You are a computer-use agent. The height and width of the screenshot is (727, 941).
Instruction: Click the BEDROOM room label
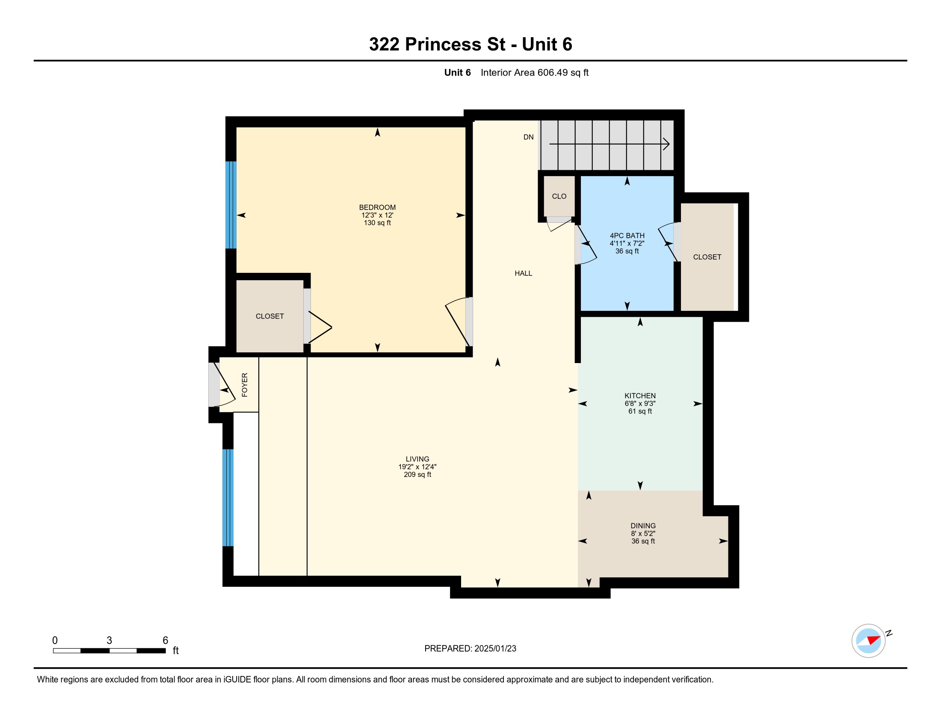coord(377,207)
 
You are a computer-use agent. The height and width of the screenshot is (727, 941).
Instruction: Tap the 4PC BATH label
coord(627,236)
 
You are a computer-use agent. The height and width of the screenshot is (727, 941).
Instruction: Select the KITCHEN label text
coord(640,396)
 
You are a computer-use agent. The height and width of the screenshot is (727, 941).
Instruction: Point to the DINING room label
coord(643,526)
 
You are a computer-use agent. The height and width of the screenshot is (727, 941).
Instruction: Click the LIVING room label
coord(417,459)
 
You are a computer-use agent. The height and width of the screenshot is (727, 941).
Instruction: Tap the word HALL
coord(523,274)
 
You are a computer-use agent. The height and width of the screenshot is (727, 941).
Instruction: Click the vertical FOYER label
coord(245,384)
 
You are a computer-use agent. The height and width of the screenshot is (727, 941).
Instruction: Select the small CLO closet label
coord(559,196)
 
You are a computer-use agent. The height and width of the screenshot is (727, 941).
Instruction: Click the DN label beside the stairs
coord(528,137)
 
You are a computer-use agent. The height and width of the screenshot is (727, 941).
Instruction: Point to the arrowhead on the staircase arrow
coord(666,144)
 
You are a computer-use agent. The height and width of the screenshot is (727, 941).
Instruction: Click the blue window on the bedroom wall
coord(231,205)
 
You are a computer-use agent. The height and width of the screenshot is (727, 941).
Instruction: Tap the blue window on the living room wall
coord(228,497)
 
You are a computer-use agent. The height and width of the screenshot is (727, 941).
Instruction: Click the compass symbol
coord(868,641)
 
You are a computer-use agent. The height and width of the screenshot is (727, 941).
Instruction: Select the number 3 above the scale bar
coord(109,641)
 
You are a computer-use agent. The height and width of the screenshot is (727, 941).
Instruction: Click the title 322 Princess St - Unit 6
coord(470,44)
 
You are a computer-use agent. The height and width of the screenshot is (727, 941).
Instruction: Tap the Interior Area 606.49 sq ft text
coord(534,73)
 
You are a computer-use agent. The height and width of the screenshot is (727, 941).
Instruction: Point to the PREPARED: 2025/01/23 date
coord(470,649)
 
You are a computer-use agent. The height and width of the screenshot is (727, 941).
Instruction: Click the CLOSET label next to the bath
coord(707,257)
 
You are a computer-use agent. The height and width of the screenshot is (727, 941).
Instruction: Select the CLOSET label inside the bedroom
coord(270,316)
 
